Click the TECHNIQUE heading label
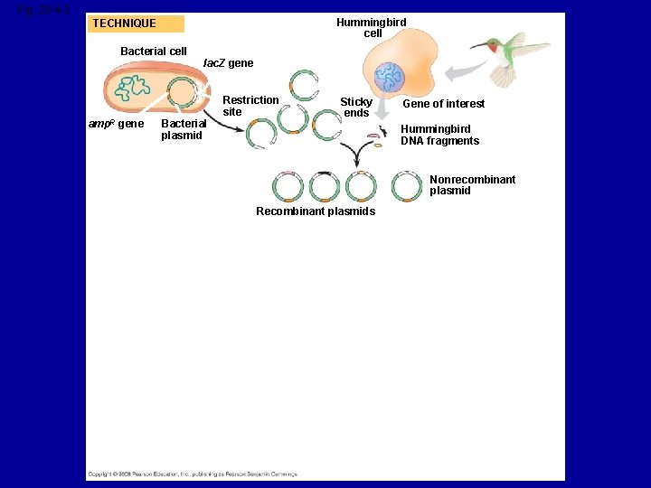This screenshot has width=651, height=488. [x=125, y=23]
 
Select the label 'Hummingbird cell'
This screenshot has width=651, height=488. [x=372, y=28]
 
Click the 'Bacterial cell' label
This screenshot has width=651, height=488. [x=154, y=52]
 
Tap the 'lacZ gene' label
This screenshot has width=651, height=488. [x=228, y=63]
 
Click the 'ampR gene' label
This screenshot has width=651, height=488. [x=116, y=124]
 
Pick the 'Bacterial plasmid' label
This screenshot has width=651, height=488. [x=183, y=129]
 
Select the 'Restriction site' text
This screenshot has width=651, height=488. [x=250, y=106]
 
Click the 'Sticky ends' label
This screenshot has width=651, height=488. [x=356, y=108]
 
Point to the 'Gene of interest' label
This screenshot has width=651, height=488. [x=443, y=104]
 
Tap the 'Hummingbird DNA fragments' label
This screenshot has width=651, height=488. [x=440, y=135]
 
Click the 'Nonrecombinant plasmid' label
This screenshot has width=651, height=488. [x=472, y=185]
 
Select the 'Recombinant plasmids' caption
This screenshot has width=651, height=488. [x=316, y=211]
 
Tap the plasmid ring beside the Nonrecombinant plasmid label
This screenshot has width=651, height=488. [x=407, y=186]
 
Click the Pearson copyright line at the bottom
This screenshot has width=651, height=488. [x=192, y=474]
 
